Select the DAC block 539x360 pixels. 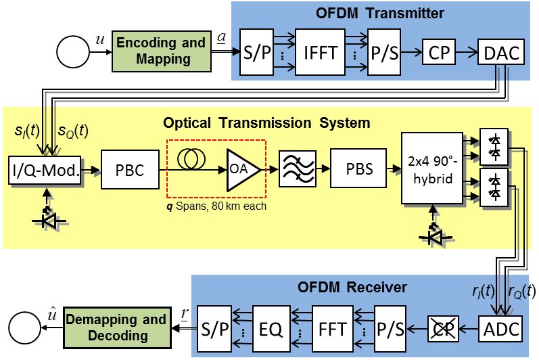[x=502, y=52]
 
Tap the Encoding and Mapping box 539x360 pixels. [x=161, y=51]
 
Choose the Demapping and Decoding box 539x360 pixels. [x=116, y=328]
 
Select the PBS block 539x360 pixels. [x=359, y=168]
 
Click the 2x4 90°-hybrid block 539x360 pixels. [x=432, y=168]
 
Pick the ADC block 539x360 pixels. [x=501, y=330]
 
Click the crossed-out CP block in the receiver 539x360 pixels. [x=442, y=330]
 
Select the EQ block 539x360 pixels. [x=274, y=330]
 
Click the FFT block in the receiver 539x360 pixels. [x=333, y=330]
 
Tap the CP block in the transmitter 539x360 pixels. [x=440, y=52]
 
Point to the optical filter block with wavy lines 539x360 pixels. [x=297, y=168]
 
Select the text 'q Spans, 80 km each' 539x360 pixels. [x=218, y=206]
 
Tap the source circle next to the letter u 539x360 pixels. [x=75, y=51]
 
